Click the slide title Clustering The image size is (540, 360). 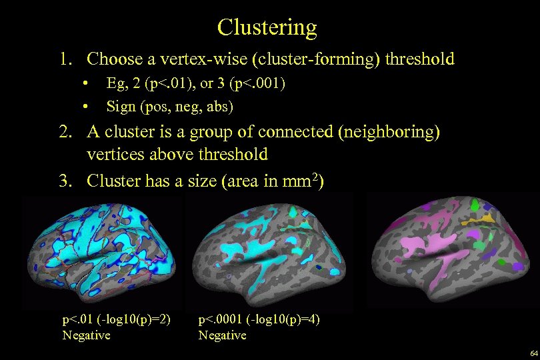click(267, 27)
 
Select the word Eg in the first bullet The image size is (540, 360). click(114, 85)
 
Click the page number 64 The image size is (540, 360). click(533, 353)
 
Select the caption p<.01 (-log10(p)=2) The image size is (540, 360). click(116, 320)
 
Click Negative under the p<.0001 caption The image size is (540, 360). click(222, 335)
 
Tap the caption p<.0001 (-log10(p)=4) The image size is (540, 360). click(259, 320)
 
